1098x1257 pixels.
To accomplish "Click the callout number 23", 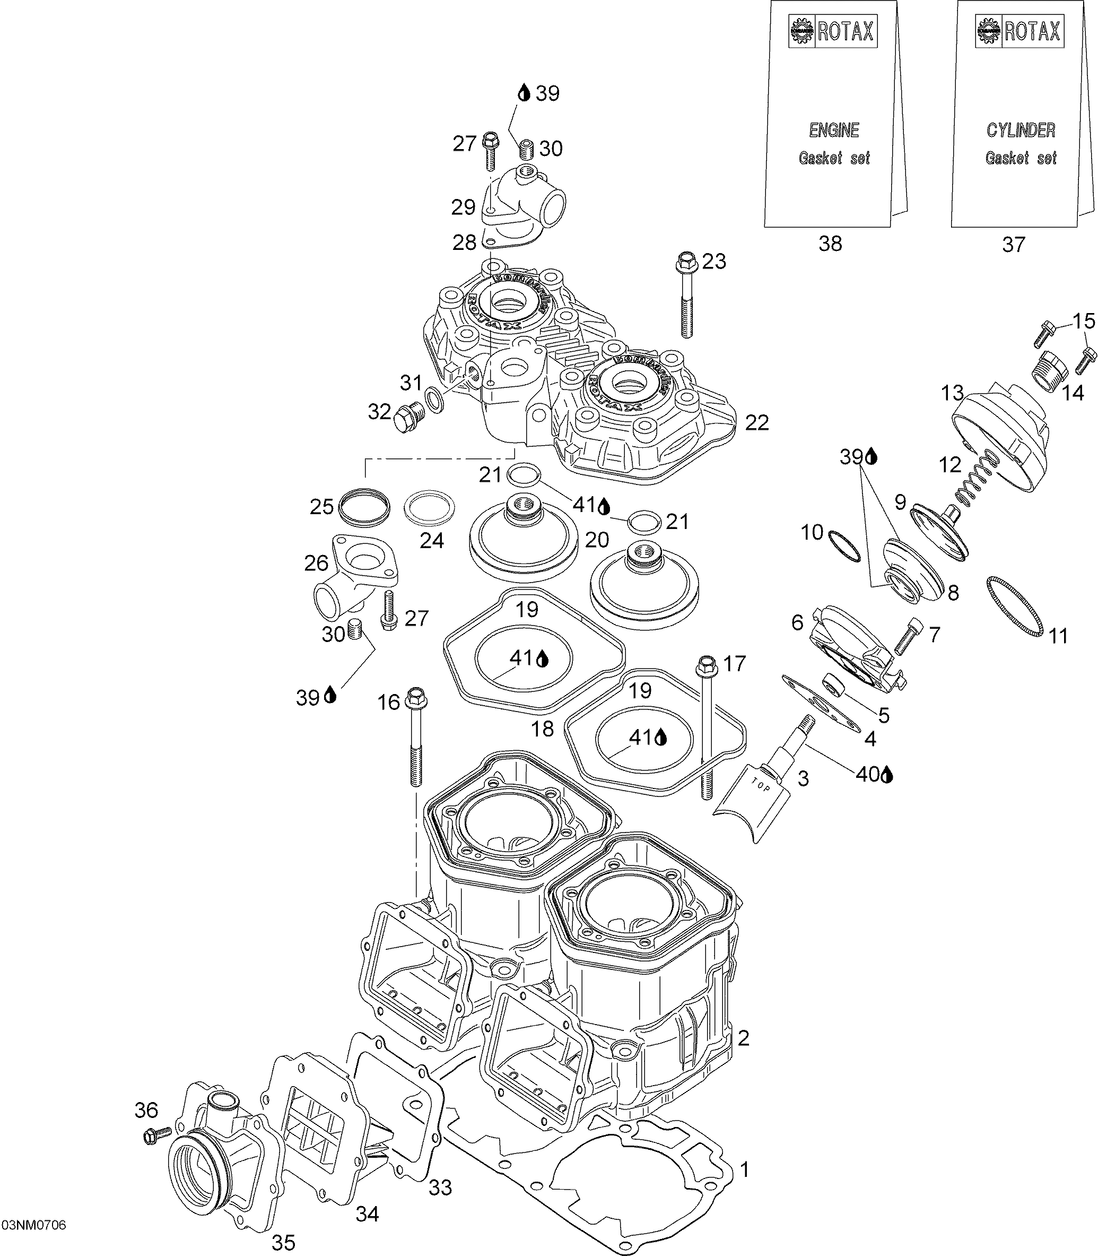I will click(714, 261).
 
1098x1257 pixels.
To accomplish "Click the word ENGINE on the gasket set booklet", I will click(834, 130).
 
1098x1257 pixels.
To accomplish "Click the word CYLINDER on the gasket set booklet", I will click(1021, 130).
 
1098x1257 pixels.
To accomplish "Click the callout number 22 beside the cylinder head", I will click(757, 422).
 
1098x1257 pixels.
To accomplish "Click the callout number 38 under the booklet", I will click(830, 244).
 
